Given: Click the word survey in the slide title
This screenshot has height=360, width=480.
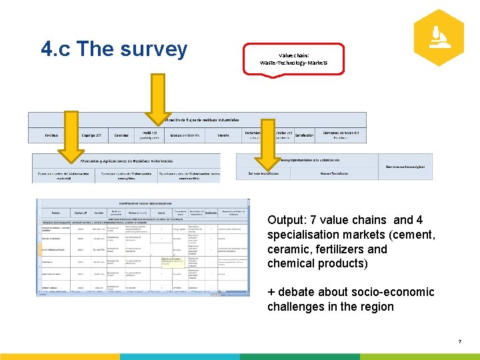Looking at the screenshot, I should click(x=157, y=49).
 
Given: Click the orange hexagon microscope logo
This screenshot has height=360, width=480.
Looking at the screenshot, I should click(x=438, y=37).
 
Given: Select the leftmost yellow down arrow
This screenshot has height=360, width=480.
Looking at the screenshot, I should click(x=68, y=136).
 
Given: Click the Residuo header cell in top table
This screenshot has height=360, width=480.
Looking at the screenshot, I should click(x=51, y=135).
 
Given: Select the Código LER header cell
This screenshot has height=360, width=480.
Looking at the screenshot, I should click(x=91, y=135).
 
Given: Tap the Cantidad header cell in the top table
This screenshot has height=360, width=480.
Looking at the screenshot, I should click(x=121, y=135).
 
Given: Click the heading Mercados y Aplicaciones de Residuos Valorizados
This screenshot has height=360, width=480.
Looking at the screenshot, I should click(x=127, y=161).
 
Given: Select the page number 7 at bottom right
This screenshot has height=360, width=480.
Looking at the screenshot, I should click(x=459, y=342).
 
